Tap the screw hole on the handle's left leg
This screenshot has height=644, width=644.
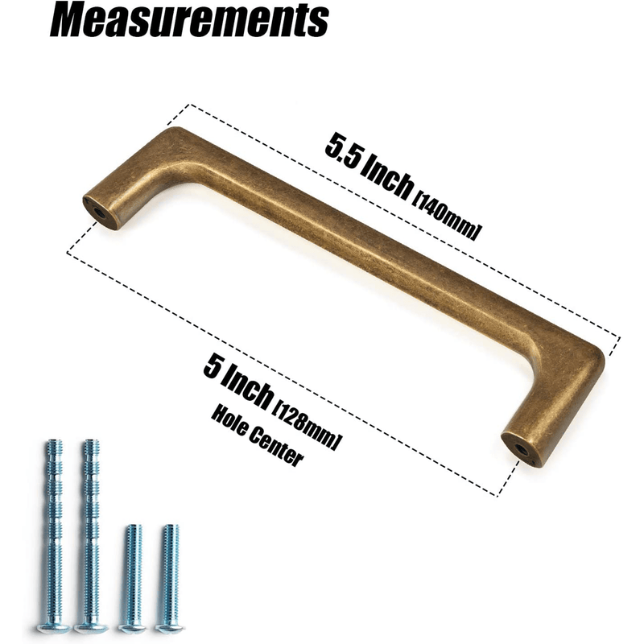click(100, 210)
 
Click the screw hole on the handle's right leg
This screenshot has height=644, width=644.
click(522, 450)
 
